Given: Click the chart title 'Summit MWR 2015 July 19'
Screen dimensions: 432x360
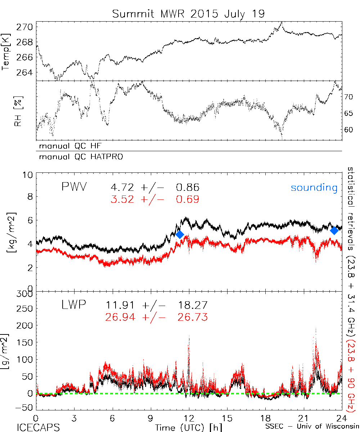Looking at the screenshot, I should [188, 14].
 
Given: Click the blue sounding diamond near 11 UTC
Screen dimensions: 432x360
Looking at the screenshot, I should [180, 234].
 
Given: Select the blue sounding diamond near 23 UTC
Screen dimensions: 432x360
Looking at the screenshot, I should [334, 230].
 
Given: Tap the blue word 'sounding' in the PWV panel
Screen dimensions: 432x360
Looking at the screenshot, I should [314, 188].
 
